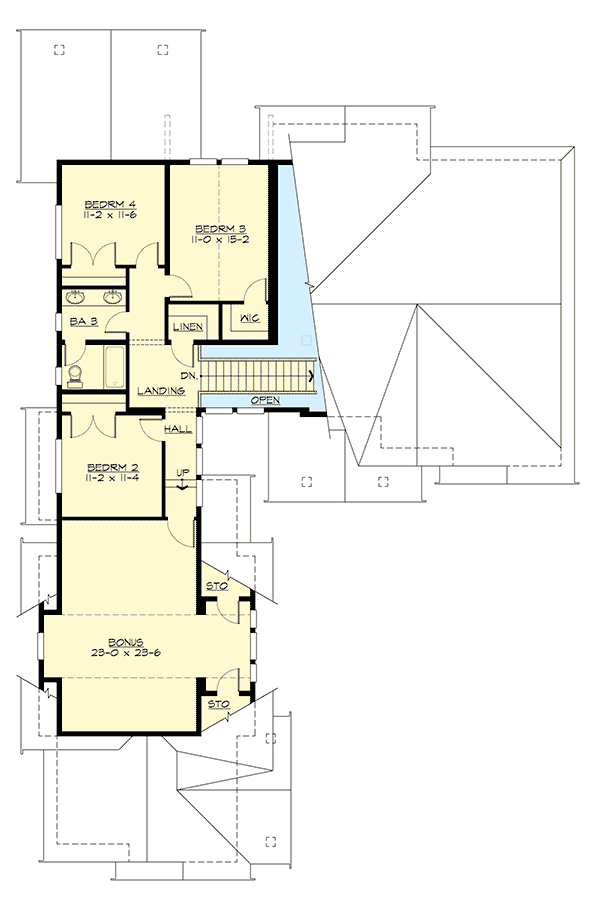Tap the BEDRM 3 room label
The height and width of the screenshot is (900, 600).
tap(220, 226)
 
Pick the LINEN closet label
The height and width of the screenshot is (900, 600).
tap(188, 328)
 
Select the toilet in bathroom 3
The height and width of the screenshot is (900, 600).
tap(76, 373)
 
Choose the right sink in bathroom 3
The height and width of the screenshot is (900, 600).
tap(112, 296)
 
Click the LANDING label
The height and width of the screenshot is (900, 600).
tap(161, 390)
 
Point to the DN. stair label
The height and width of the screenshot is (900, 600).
tap(186, 375)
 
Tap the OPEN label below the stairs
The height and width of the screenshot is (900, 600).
tap(265, 400)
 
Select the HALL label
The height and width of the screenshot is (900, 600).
tap(178, 429)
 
